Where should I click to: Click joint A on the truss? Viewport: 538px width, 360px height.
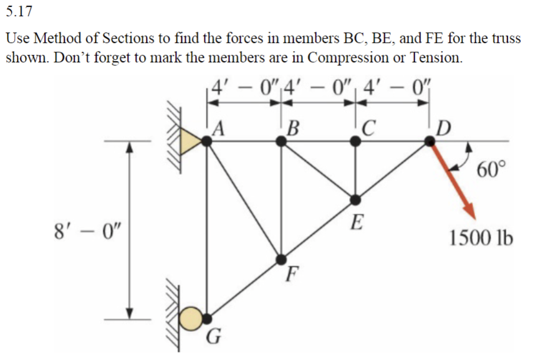click(x=208, y=142)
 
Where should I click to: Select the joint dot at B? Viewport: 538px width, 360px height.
click(x=282, y=142)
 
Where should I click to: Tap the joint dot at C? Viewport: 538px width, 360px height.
click(x=355, y=142)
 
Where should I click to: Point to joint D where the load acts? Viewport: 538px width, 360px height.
click(x=430, y=141)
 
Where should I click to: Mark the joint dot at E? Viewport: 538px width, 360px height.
click(x=355, y=200)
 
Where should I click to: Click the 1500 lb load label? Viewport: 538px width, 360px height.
click(x=480, y=238)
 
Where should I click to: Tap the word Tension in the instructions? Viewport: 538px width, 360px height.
click(x=437, y=59)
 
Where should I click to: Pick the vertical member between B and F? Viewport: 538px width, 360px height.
click(x=282, y=199)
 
